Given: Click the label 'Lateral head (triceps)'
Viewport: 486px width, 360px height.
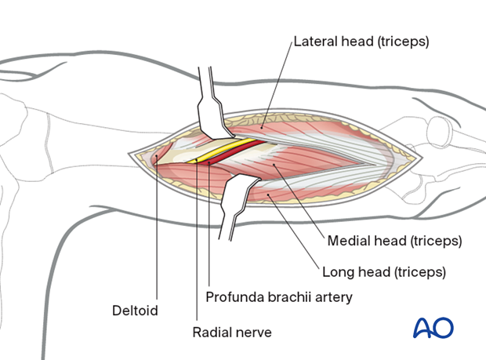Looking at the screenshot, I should (361, 41).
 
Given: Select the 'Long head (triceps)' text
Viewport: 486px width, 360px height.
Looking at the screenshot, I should (384, 273).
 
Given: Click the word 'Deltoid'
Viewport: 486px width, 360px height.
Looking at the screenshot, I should (136, 311).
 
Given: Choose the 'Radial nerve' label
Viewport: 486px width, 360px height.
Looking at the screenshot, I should (232, 332).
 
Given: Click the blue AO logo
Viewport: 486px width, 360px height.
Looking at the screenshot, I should (433, 328).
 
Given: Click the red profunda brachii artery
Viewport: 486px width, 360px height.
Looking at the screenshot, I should (235, 153).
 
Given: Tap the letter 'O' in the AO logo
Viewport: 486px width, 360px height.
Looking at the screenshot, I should (444, 328).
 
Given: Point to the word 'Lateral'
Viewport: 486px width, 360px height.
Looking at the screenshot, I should (314, 41).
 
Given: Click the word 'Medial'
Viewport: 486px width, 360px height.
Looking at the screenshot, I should (345, 240).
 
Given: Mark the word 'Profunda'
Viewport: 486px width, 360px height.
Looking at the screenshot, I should (232, 297).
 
